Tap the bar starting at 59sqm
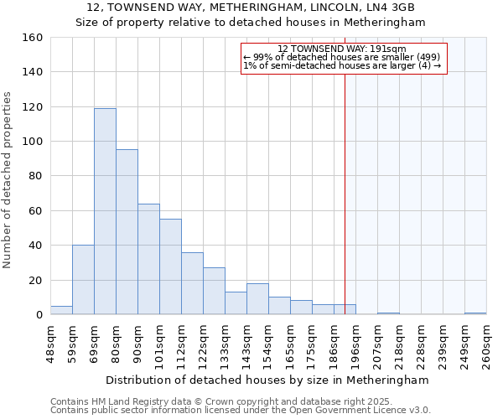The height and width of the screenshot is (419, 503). coord(83,280)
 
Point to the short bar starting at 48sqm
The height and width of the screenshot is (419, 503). coord(61,310)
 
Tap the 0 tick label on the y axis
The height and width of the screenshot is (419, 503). coord(39,315)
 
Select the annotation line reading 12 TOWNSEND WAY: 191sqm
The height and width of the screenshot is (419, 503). coord(342,49)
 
